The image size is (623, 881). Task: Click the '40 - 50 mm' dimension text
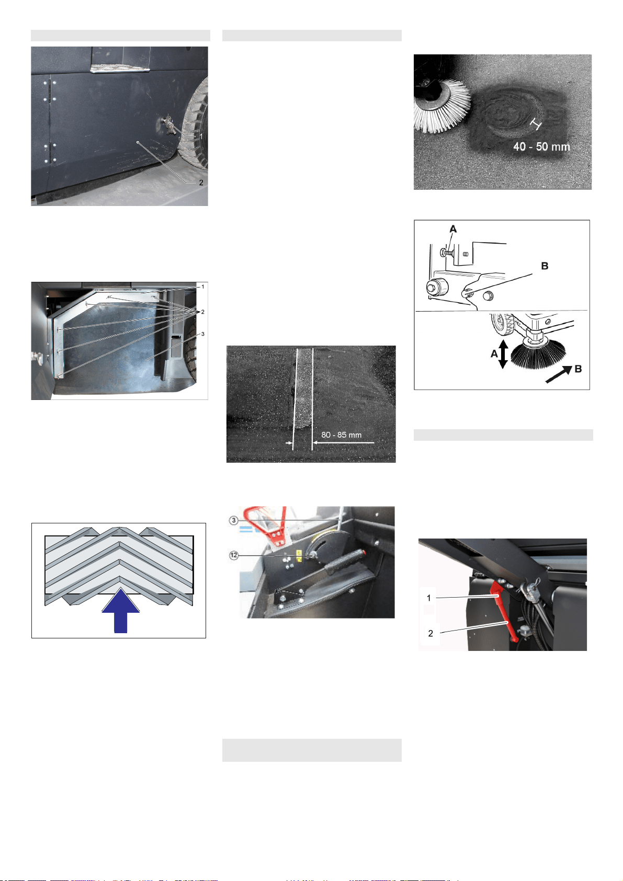tap(541, 147)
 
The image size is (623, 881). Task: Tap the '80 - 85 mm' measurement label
tap(341, 434)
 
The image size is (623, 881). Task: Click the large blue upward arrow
tap(120, 610)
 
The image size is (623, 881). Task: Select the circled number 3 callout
tap(234, 520)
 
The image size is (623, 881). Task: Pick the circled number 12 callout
tap(234, 555)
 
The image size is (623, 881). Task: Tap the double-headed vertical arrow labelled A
tap(503, 354)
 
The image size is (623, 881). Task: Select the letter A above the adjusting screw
tap(453, 229)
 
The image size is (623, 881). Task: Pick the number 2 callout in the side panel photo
tap(201, 182)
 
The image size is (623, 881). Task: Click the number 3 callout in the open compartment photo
tap(202, 334)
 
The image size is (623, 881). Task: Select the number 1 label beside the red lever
tap(428, 598)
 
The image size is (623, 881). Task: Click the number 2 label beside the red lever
tap(431, 633)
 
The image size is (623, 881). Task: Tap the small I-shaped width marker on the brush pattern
tap(536, 123)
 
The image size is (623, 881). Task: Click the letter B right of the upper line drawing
tap(545, 266)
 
